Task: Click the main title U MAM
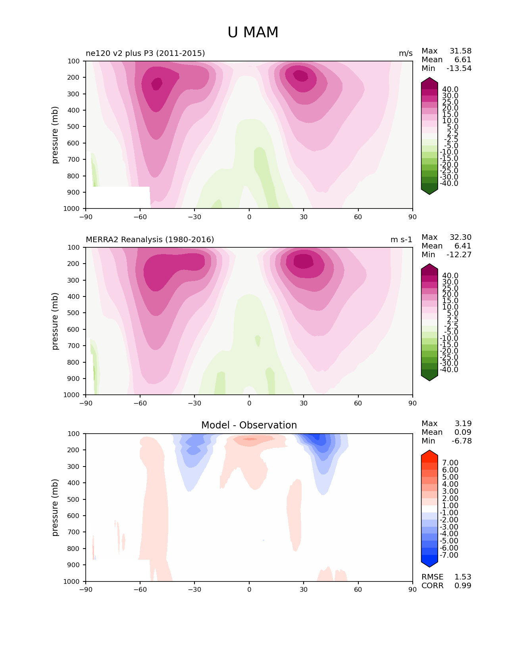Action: (x=253, y=32)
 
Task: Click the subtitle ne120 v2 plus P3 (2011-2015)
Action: (x=145, y=53)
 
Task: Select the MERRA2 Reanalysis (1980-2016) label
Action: (x=150, y=239)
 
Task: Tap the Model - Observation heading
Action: (x=249, y=425)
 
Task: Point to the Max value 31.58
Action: (x=460, y=51)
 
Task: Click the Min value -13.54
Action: (x=459, y=68)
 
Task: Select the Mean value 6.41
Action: (x=463, y=246)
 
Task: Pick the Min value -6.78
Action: (x=462, y=441)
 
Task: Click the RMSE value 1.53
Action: (x=463, y=577)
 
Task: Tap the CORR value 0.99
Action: (x=463, y=585)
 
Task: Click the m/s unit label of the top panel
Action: (x=406, y=54)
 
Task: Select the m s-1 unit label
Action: (x=401, y=239)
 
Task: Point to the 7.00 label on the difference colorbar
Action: (x=450, y=463)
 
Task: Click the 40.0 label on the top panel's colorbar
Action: (x=450, y=90)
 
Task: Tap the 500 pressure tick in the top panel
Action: (x=73, y=127)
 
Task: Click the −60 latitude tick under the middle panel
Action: (x=140, y=403)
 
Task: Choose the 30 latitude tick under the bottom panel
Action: (x=304, y=590)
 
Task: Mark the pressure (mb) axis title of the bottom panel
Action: (x=54, y=507)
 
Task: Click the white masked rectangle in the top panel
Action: (x=118, y=197)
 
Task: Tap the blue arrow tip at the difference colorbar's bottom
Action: (x=429, y=567)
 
